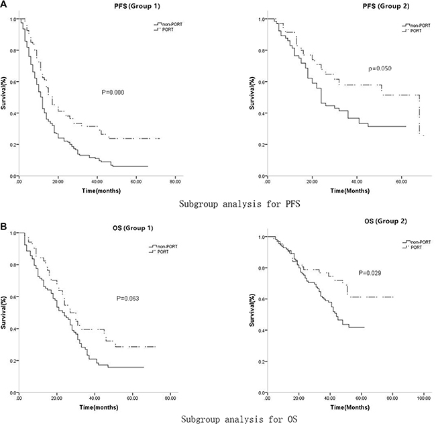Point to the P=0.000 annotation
tap(110, 93)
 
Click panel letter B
tap(5, 218)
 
